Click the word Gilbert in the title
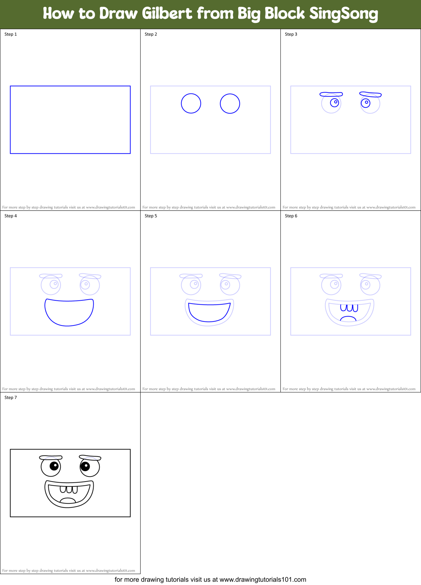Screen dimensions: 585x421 coord(167,13)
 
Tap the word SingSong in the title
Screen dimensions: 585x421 coord(343,13)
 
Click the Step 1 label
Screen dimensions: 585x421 coord(11,34)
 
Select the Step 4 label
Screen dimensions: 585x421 coord(11,216)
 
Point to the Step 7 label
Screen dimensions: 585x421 coord(11,398)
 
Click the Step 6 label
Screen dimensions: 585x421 coord(291,216)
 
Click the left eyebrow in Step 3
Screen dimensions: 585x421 coord(331,94)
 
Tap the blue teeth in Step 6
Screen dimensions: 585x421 coord(349,308)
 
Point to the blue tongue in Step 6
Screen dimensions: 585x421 coord(348,319)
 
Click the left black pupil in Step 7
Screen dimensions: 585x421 coord(54,465)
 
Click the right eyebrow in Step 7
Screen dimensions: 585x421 coord(90,458)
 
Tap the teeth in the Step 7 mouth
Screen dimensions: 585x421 coord(69,489)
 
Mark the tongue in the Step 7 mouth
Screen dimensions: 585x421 coord(68,501)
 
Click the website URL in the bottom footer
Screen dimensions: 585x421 coord(263,580)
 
